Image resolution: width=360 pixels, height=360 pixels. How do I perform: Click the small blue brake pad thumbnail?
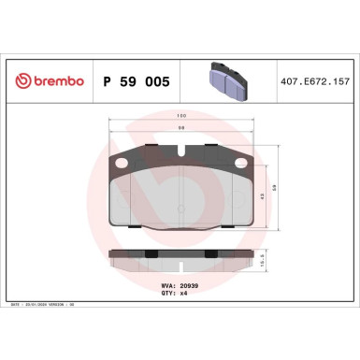pos(224,81)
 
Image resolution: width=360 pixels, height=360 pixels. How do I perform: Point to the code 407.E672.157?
pos(313,82)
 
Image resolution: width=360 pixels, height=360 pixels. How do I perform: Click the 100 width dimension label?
pos(180,117)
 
